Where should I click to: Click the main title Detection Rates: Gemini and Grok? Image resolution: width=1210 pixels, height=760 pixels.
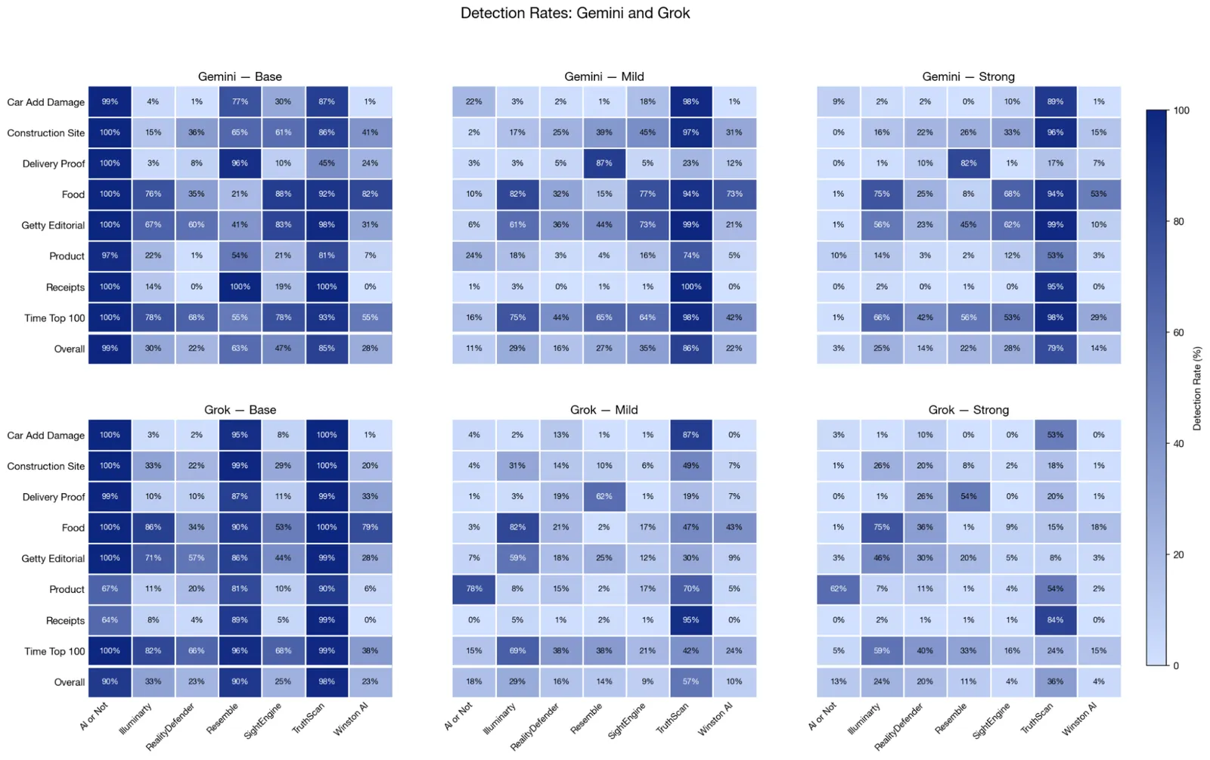tap(575, 13)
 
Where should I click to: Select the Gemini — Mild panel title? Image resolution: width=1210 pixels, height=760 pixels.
tap(603, 76)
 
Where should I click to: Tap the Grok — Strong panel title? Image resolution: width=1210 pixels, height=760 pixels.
tap(968, 410)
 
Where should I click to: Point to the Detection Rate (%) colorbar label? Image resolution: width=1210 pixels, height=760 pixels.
tap(1197, 388)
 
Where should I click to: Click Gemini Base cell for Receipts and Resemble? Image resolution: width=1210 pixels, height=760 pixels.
tap(240, 287)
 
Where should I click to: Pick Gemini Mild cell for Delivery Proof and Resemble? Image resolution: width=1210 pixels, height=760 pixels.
tap(603, 163)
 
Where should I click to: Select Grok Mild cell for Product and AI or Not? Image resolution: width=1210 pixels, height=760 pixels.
tap(474, 589)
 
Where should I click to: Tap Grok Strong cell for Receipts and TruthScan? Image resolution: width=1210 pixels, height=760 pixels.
tap(1055, 620)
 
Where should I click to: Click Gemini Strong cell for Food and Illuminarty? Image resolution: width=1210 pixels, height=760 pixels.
tap(882, 194)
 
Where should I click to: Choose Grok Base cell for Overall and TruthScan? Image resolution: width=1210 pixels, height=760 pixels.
tap(327, 682)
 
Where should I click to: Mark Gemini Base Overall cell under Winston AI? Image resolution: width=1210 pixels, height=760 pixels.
tap(370, 349)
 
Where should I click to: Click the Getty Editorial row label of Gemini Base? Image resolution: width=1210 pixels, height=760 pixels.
tap(53, 225)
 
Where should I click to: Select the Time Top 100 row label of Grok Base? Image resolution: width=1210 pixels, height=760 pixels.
tap(54, 651)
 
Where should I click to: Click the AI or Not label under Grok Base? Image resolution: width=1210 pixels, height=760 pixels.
tap(95, 715)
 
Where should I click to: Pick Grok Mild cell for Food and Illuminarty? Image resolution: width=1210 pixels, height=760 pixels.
tap(517, 527)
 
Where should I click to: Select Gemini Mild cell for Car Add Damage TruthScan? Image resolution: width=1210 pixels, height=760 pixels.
tap(690, 101)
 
